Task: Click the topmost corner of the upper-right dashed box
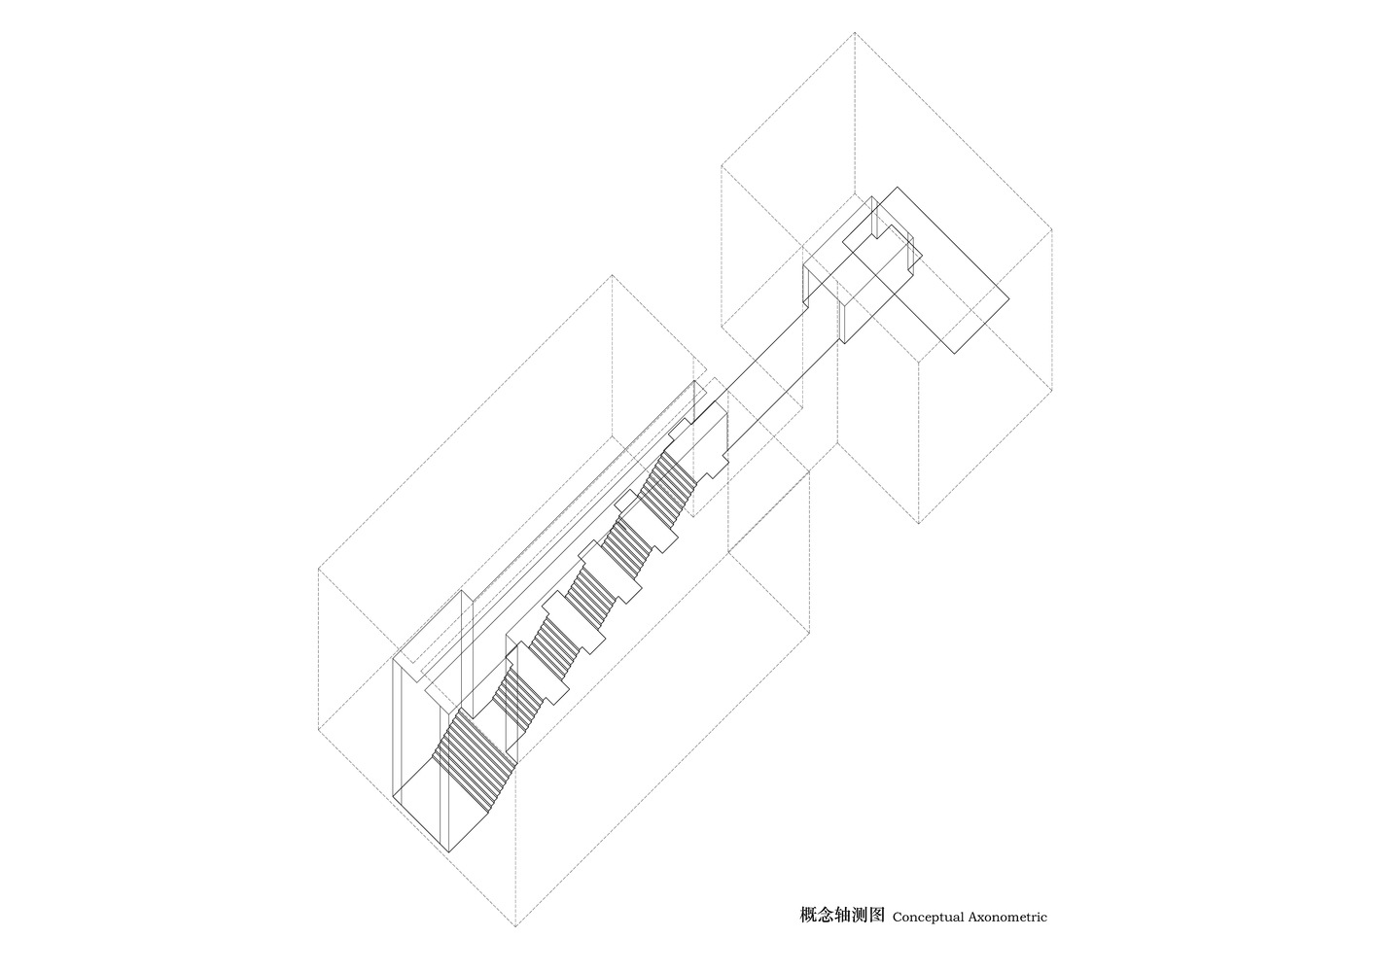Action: click(x=855, y=32)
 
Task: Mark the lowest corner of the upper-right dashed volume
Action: click(x=919, y=524)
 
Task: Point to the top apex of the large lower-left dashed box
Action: click(x=612, y=275)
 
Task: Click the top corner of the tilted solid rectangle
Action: click(x=898, y=187)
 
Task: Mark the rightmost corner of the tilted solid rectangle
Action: click(x=1009, y=298)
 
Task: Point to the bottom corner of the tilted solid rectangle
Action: click(x=955, y=354)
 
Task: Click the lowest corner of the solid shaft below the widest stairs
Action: click(x=448, y=852)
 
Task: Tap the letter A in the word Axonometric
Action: click(x=974, y=934)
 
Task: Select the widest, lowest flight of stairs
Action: click(x=474, y=761)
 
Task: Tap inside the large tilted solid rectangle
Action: click(x=926, y=270)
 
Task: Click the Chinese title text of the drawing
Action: click(x=842, y=933)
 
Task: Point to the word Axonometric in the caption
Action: click(x=1008, y=934)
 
